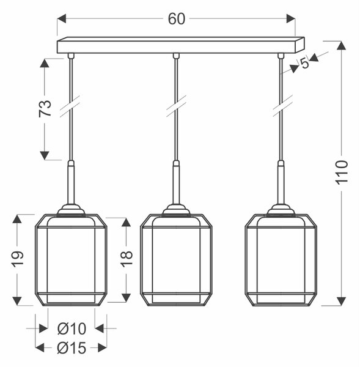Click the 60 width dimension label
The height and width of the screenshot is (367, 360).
click(x=177, y=19)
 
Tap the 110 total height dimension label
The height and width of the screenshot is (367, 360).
click(x=342, y=172)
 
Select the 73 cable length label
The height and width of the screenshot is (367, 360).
click(x=45, y=108)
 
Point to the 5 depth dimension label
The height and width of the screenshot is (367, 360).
click(x=304, y=63)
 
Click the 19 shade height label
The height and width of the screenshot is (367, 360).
click(x=18, y=259)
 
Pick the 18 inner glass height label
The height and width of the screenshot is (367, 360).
click(x=127, y=259)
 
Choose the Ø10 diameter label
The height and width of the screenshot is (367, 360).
click(x=72, y=328)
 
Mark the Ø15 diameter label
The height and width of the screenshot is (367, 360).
click(x=72, y=348)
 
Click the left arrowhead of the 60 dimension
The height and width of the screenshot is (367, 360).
click(x=62, y=19)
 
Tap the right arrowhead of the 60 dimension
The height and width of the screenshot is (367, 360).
click(x=291, y=19)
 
